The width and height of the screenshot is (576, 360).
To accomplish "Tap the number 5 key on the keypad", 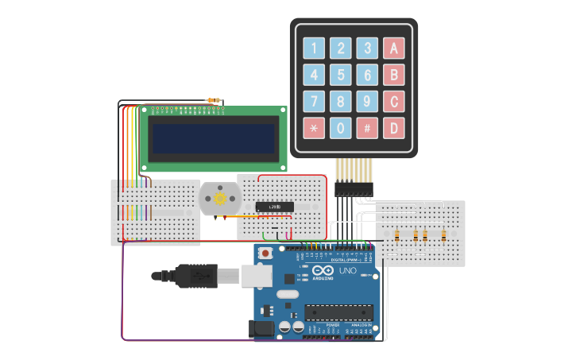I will pos(341,75).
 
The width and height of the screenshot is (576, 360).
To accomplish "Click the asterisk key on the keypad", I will pos(314,127).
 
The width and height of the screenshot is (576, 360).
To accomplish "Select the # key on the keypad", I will pos(367,127).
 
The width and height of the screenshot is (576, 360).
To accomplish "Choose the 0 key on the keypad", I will pos(341,127).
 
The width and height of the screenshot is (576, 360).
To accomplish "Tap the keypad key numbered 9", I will pos(367,101).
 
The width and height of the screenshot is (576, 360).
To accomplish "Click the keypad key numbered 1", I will pos(314,48).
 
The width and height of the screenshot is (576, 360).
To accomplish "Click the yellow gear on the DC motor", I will pos(220,199).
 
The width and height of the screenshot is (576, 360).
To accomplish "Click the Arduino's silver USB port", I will pos(257,275).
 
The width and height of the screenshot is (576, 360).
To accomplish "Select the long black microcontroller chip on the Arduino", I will pos(338,315).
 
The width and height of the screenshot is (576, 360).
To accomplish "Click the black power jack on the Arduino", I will pos(261,328).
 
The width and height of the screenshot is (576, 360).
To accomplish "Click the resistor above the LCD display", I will pos(213,101).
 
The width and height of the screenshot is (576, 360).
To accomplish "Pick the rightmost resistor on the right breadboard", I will pos(443,234).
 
